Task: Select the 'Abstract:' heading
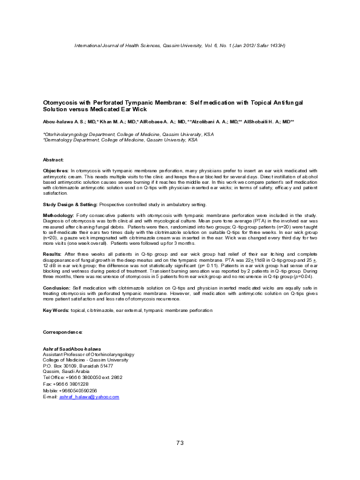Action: pos(53,159)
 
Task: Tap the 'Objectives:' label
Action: pos(56,172)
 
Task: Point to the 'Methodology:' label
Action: pos(58,216)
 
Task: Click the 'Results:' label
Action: pos(52,255)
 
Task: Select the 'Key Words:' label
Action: pos(55,311)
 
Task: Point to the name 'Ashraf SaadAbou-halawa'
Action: pos(72,349)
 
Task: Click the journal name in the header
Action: pos(121,46)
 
